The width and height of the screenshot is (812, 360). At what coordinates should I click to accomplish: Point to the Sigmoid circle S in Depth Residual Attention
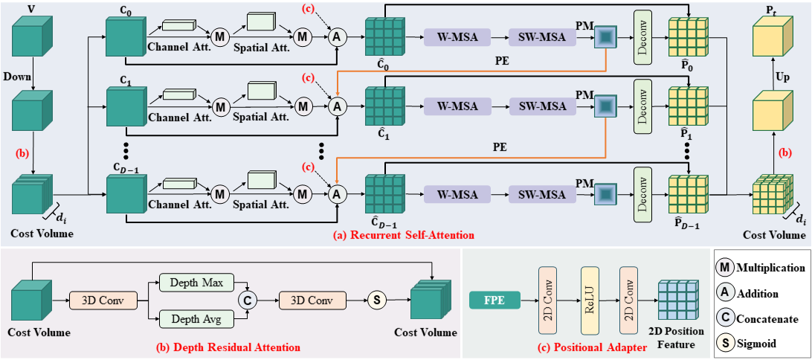(376, 300)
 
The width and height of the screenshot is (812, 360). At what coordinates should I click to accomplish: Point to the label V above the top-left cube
(30, 7)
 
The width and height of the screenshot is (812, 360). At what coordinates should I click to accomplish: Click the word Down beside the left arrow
(19, 76)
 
